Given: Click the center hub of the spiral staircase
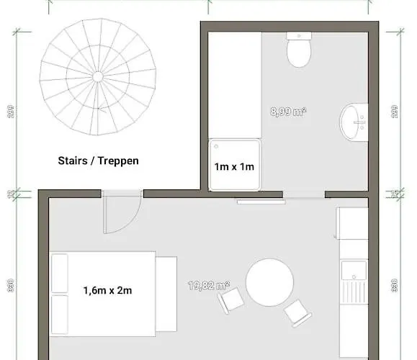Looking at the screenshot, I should (97, 76).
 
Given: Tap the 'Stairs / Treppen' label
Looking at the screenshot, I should (98, 161).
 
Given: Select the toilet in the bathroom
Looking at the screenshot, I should (298, 52).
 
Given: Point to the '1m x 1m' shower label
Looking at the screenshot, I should (234, 167).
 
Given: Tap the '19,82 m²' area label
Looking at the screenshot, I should (209, 286).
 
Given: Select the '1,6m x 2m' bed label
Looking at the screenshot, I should (108, 291).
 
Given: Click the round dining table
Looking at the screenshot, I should (269, 282).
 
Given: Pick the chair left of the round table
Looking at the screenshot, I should (230, 300).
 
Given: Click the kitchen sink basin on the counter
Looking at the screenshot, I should (354, 271).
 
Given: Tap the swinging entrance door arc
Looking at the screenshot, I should (119, 215).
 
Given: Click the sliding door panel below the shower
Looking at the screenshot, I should (261, 201).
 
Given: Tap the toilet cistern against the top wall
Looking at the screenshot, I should (298, 35).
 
